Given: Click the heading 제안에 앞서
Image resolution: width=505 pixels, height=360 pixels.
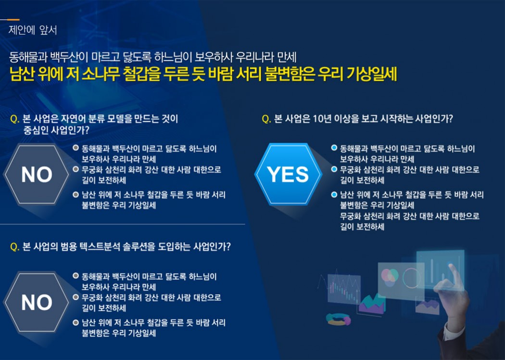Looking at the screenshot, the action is point(33,30).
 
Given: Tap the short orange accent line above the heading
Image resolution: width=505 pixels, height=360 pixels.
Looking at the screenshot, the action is point(13,20).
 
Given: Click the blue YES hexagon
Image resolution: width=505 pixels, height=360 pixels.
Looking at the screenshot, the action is point(288,174).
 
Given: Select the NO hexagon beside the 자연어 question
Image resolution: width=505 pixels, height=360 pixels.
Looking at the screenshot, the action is point(37,174).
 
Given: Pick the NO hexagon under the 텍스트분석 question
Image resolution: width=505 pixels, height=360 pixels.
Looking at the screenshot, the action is point(37,302).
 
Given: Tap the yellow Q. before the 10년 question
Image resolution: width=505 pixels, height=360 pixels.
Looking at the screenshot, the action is point(266,119).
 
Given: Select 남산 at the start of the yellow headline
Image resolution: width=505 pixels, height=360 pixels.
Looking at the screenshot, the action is point(22,74).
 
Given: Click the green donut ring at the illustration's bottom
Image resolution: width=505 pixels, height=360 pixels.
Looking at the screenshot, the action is point(338,319).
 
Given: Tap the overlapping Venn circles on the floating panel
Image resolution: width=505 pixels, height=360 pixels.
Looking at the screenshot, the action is point(390,277).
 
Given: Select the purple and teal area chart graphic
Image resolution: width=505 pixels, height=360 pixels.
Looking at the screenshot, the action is point(372,304).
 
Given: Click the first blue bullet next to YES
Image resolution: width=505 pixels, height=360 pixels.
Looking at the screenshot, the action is point(334,148).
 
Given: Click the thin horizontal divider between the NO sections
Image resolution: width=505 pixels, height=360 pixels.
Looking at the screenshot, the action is point(122,224).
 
